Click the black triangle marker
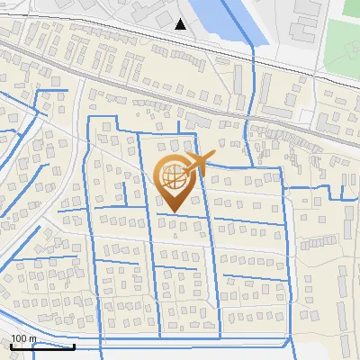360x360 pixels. (x=182, y=24)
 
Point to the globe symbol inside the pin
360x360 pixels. (x=174, y=176)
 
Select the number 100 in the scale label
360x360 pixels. (x=19, y=338)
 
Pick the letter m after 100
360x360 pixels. (x=31, y=339)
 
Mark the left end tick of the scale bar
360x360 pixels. (x=11, y=345)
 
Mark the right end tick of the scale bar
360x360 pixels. (x=74, y=345)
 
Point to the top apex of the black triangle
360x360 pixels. (x=182, y=18)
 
